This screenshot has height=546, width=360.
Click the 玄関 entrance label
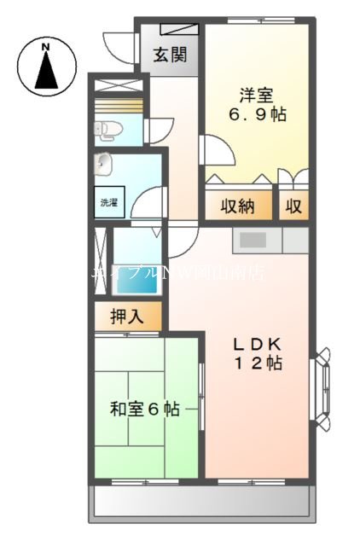click(x=171, y=57)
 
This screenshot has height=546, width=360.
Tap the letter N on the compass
click(x=45, y=45)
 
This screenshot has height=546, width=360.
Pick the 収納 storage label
click(x=238, y=206)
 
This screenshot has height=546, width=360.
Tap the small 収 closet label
click(x=293, y=206)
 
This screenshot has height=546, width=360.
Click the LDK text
click(x=258, y=344)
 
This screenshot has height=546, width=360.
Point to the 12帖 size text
click(x=258, y=363)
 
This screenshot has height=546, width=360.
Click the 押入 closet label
click(x=129, y=317)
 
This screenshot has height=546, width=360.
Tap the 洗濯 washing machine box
click(x=109, y=203)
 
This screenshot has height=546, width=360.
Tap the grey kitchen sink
click(x=254, y=240)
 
